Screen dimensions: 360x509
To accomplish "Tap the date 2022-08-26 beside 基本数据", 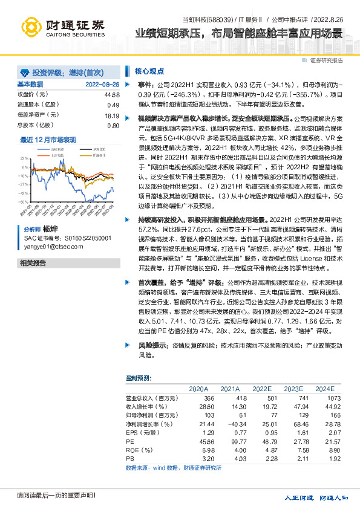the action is (x=102, y=85).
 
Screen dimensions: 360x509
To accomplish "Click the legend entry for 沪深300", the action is (x=97, y=149).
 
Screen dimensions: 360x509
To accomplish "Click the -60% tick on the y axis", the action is (x=23, y=201).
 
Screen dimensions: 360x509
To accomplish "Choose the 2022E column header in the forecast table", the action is (x=261, y=389).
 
